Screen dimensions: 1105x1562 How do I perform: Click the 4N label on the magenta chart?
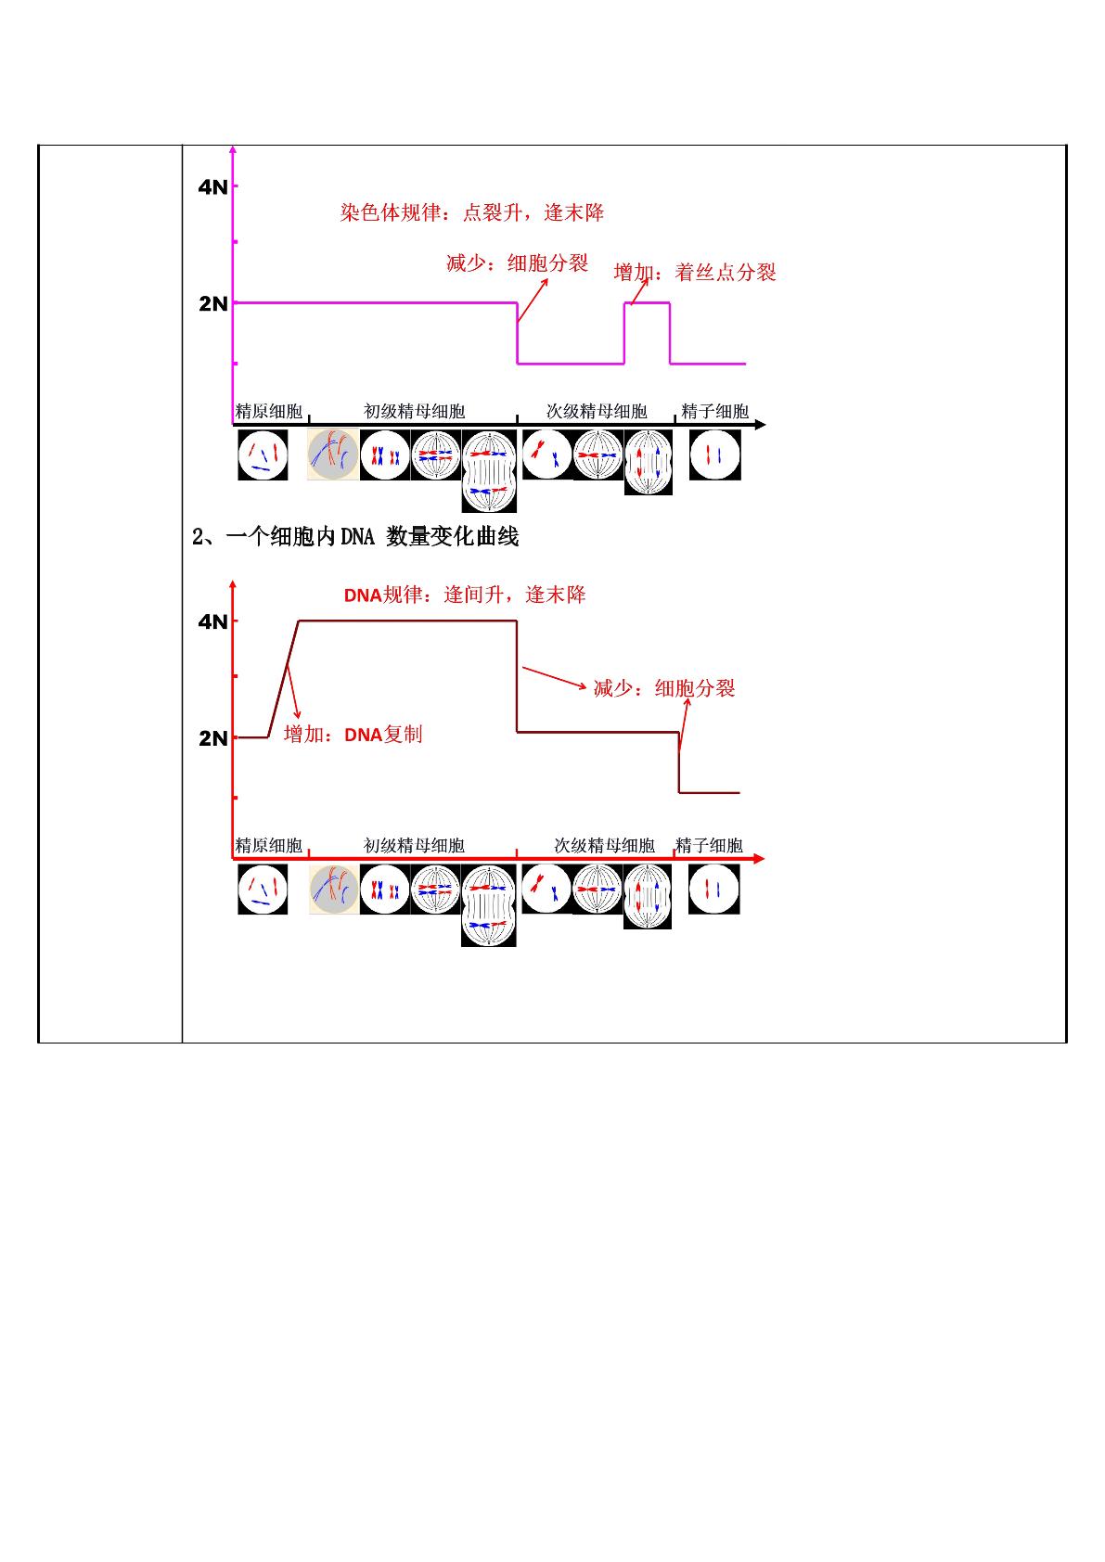tap(212, 186)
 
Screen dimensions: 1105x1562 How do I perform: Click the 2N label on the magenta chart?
tap(212, 304)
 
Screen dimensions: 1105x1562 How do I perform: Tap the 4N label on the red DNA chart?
tap(212, 621)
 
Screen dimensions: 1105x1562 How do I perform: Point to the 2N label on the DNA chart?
tap(212, 738)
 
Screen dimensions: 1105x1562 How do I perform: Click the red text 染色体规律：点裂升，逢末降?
tap(472, 212)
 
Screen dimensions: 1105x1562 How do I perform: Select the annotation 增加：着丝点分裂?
tap(695, 272)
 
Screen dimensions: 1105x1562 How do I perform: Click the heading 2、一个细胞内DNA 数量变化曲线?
tap(355, 537)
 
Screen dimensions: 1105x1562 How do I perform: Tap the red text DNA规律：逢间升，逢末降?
tap(465, 595)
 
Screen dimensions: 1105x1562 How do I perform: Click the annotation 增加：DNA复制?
tap(353, 735)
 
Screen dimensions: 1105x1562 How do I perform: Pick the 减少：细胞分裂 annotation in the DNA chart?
tap(664, 689)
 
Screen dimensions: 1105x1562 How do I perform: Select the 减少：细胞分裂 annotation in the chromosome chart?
tap(517, 262)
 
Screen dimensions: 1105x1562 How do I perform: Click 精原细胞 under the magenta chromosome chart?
tap(268, 412)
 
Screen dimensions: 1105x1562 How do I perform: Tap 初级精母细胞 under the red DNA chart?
tap(414, 846)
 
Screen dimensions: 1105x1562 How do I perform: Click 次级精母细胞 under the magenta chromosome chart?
tap(597, 412)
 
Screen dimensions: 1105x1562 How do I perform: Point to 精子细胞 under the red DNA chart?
tap(709, 846)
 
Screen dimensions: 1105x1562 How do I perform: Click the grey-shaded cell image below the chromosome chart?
tap(333, 455)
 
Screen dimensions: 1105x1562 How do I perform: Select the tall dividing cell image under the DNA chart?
tap(488, 905)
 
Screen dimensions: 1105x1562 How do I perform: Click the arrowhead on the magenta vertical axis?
tap(233, 149)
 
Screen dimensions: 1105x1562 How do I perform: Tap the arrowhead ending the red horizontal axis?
tap(759, 859)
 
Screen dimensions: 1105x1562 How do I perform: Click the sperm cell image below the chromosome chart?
tap(715, 455)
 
